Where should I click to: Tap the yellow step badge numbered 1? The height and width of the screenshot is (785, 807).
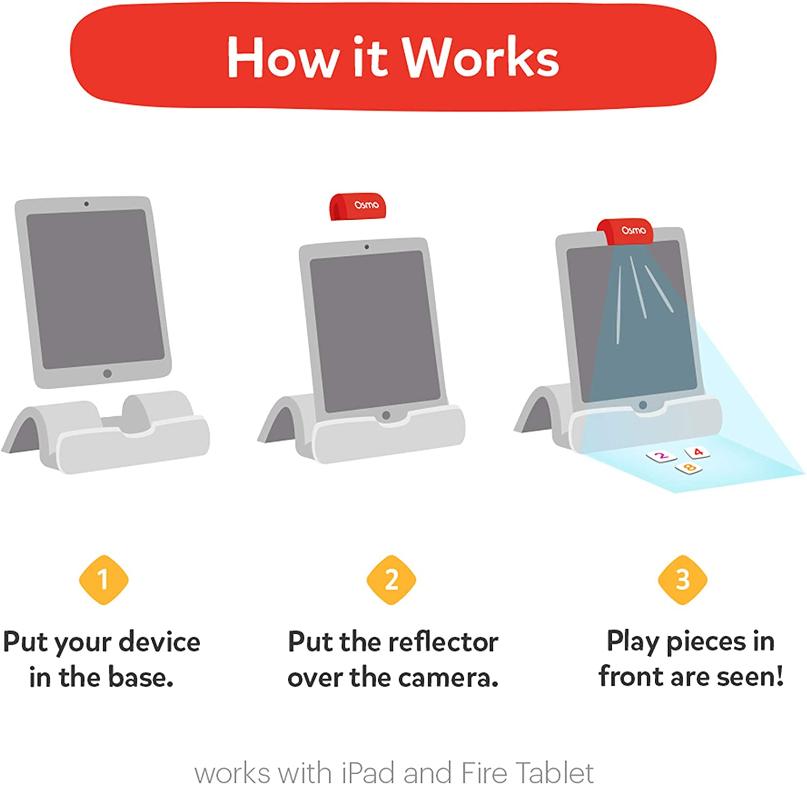pos(103,580)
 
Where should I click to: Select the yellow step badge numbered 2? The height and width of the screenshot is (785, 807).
pos(391,580)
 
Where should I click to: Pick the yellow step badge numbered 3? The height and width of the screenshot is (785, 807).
pos(682,580)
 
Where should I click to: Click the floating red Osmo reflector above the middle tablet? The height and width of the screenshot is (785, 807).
pos(358,206)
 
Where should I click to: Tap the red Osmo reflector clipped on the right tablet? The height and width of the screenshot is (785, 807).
pos(626,231)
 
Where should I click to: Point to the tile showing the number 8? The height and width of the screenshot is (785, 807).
pos(689,468)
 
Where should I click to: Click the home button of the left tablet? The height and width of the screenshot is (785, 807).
pos(108,373)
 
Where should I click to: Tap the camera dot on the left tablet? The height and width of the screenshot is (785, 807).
pos(86,204)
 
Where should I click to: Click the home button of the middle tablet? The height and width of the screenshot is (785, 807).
pos(386,415)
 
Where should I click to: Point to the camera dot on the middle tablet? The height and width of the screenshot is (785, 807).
pos(366,247)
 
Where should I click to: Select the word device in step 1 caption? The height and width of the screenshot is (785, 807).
pos(159,642)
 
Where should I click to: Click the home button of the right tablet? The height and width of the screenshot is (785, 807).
pos(642,405)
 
